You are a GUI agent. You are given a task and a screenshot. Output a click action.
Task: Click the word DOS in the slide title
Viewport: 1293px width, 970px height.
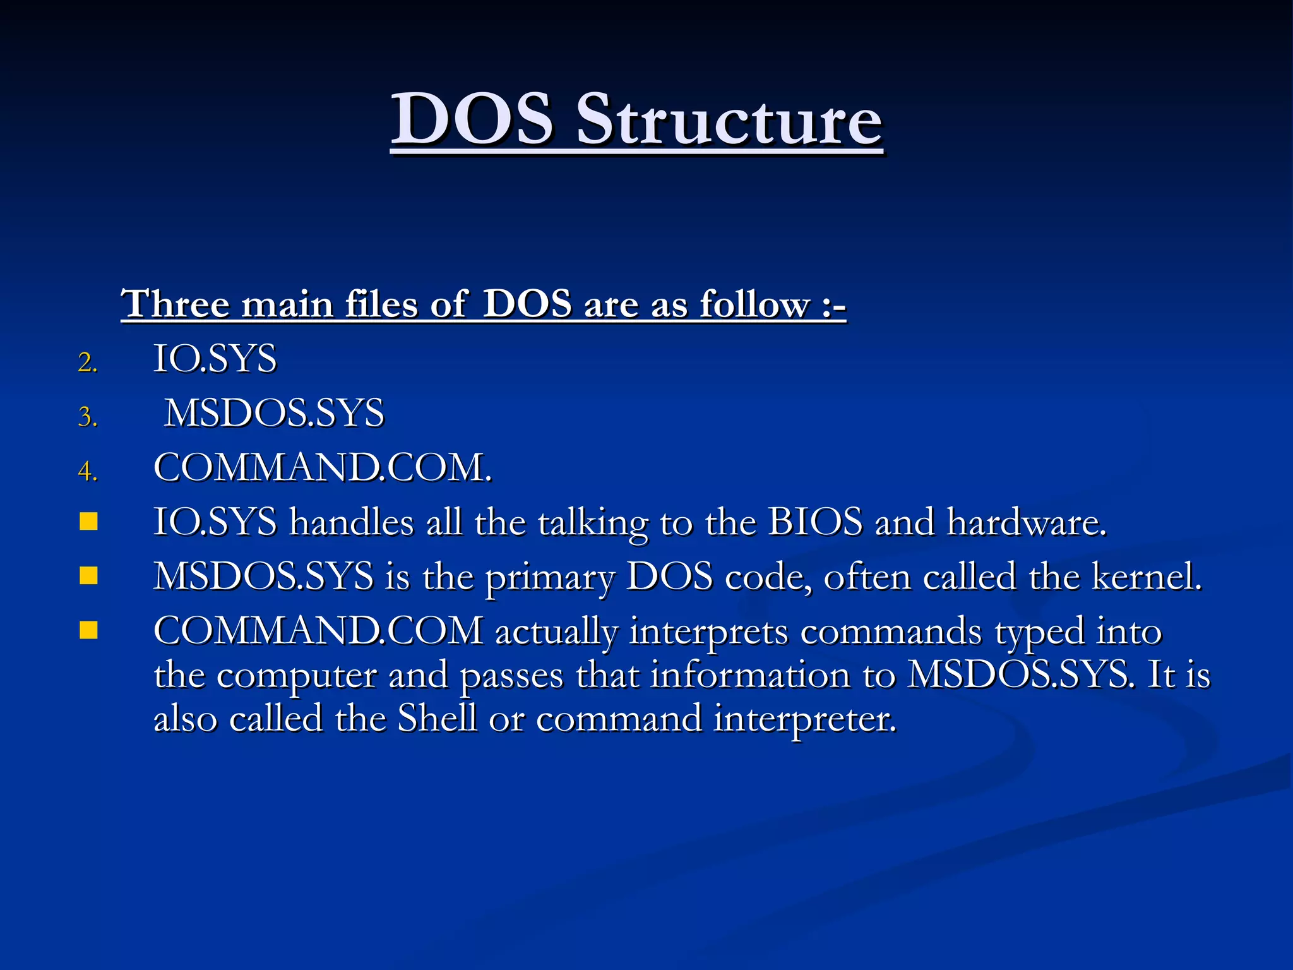pyautogui.click(x=472, y=119)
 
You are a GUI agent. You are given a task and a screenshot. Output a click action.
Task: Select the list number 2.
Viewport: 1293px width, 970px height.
pyautogui.click(x=88, y=362)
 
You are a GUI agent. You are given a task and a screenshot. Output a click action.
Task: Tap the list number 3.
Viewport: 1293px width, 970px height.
pyautogui.click(x=88, y=417)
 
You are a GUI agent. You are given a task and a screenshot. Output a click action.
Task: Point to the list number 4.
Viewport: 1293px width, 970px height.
pyautogui.click(x=88, y=471)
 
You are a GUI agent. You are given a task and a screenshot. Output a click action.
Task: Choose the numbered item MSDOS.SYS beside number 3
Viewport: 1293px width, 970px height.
pyautogui.click(x=274, y=414)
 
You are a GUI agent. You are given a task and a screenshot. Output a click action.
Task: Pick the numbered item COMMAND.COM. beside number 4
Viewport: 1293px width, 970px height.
pyautogui.click(x=323, y=468)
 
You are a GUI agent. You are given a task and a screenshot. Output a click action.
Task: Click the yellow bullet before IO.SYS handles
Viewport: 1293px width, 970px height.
pyautogui.click(x=89, y=521)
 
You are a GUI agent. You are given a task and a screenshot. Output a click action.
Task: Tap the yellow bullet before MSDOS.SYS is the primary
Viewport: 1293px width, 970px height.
pyautogui.click(x=89, y=575)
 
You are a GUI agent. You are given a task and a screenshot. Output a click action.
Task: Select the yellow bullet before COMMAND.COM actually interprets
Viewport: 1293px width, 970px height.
pyautogui.click(x=89, y=630)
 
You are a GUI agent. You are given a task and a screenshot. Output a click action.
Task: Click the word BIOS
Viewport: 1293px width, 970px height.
pyautogui.click(x=815, y=522)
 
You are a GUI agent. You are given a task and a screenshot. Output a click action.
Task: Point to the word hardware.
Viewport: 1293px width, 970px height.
pyautogui.click(x=1027, y=522)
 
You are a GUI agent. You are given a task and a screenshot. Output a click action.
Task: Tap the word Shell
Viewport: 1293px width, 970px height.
pyautogui.click(x=437, y=718)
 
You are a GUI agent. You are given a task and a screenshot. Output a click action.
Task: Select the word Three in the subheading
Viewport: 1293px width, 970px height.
pyautogui.click(x=176, y=304)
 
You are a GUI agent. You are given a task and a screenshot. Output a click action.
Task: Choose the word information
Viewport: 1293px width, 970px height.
pyautogui.click(x=751, y=674)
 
